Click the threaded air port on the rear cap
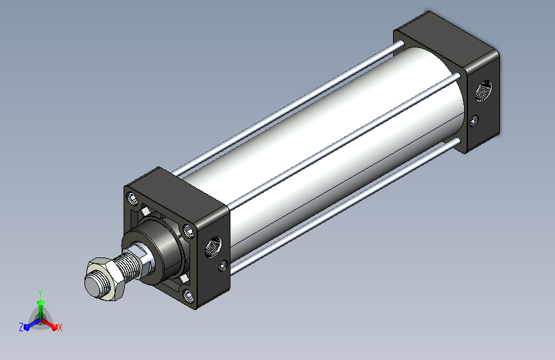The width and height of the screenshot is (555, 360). tap(483, 91)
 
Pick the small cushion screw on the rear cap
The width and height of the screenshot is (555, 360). tap(474, 121)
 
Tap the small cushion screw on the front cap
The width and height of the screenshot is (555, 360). tap(223, 266)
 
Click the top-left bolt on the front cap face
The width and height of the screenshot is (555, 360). tap(133, 199)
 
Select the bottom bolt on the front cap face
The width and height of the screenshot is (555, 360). tap(189, 295)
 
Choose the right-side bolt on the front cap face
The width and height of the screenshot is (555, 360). tap(189, 231)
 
